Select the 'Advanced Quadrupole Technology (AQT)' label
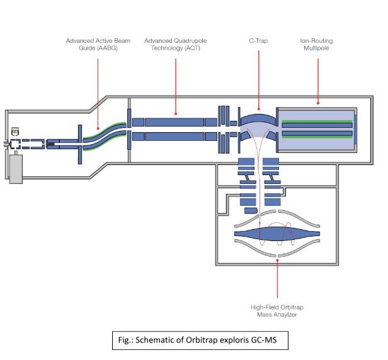point(175,44)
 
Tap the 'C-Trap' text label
point(258,41)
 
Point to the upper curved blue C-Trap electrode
point(258,117)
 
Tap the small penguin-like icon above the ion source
point(14,133)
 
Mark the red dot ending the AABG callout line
point(98,132)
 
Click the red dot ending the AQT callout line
point(175,114)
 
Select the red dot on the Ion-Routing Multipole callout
point(318,103)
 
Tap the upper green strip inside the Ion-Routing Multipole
point(316,120)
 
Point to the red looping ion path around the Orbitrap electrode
point(290,234)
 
